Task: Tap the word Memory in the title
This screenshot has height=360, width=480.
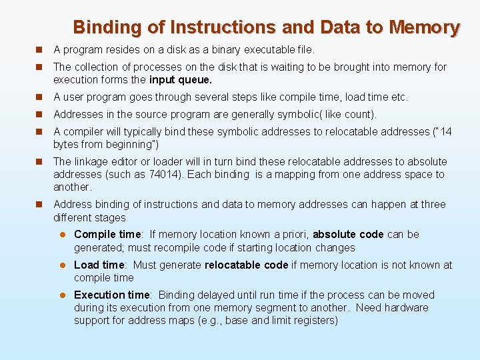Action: point(425,27)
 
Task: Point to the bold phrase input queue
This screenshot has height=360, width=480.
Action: point(181,79)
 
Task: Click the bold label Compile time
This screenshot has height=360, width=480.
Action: point(108,234)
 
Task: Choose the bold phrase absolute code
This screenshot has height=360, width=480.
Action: point(348,234)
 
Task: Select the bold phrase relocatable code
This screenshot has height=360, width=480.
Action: point(246,265)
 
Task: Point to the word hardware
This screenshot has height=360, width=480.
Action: point(407,307)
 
